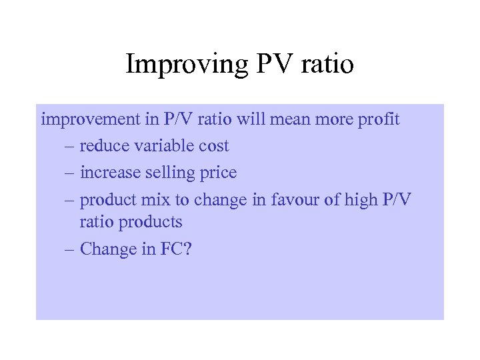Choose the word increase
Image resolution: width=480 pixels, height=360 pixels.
click(109, 172)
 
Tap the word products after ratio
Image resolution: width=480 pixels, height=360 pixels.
click(150, 222)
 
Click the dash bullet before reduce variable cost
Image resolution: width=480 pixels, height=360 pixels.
click(70, 147)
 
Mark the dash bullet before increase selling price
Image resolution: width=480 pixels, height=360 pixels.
click(70, 173)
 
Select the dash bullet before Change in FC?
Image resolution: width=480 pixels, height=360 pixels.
click(70, 249)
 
